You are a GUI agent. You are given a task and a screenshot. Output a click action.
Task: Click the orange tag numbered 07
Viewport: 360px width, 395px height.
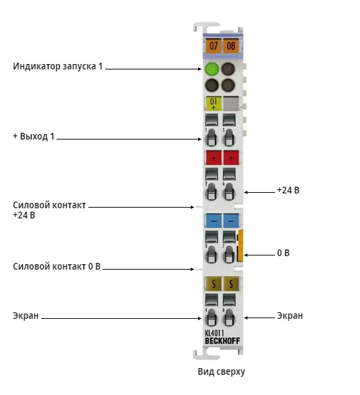pyautogui.click(x=213, y=46)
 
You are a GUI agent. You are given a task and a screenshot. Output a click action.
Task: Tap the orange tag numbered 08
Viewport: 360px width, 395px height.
pyautogui.click(x=231, y=46)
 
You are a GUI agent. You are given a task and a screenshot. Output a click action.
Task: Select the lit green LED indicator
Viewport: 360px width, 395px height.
pyautogui.click(x=212, y=69)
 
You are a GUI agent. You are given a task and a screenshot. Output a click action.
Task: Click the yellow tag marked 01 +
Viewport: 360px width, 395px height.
pyautogui.click(x=214, y=103)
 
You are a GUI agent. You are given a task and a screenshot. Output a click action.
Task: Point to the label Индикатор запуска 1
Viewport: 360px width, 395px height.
pyautogui.click(x=58, y=66)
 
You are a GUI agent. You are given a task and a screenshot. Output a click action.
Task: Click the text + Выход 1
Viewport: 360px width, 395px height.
pyautogui.click(x=34, y=136)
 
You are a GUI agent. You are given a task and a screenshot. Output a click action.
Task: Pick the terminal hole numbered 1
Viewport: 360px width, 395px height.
pyautogui.click(x=212, y=138)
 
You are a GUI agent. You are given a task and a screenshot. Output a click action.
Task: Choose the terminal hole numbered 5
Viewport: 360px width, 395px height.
pyautogui.click(x=229, y=138)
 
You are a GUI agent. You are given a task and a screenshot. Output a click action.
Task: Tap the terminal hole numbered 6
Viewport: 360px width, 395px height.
pyautogui.click(x=229, y=191)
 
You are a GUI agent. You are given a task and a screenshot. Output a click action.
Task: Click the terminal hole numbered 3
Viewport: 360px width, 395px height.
pyautogui.click(x=212, y=254)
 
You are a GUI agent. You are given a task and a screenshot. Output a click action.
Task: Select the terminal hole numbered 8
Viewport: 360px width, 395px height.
pyautogui.click(x=229, y=317)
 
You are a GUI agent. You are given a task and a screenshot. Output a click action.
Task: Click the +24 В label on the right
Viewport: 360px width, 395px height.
pyautogui.click(x=288, y=190)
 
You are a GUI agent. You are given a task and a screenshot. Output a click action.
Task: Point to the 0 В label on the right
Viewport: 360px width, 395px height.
pyautogui.click(x=283, y=253)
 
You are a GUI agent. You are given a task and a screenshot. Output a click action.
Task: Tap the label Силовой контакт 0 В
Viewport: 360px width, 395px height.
pyautogui.click(x=57, y=266)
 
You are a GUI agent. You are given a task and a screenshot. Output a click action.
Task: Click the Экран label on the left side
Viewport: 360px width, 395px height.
pyautogui.click(x=26, y=315)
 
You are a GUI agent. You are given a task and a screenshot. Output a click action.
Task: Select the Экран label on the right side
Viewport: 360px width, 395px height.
pyautogui.click(x=290, y=315)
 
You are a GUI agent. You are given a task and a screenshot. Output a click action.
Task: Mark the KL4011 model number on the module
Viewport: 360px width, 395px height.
pyautogui.click(x=214, y=333)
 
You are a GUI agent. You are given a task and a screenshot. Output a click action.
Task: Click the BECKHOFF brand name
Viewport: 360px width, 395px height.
pyautogui.click(x=222, y=341)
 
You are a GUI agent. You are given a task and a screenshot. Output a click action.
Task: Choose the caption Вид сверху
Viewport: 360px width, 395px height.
pyautogui.click(x=221, y=372)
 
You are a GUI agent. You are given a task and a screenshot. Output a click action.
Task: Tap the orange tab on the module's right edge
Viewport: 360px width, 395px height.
pyautogui.click(x=240, y=245)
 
